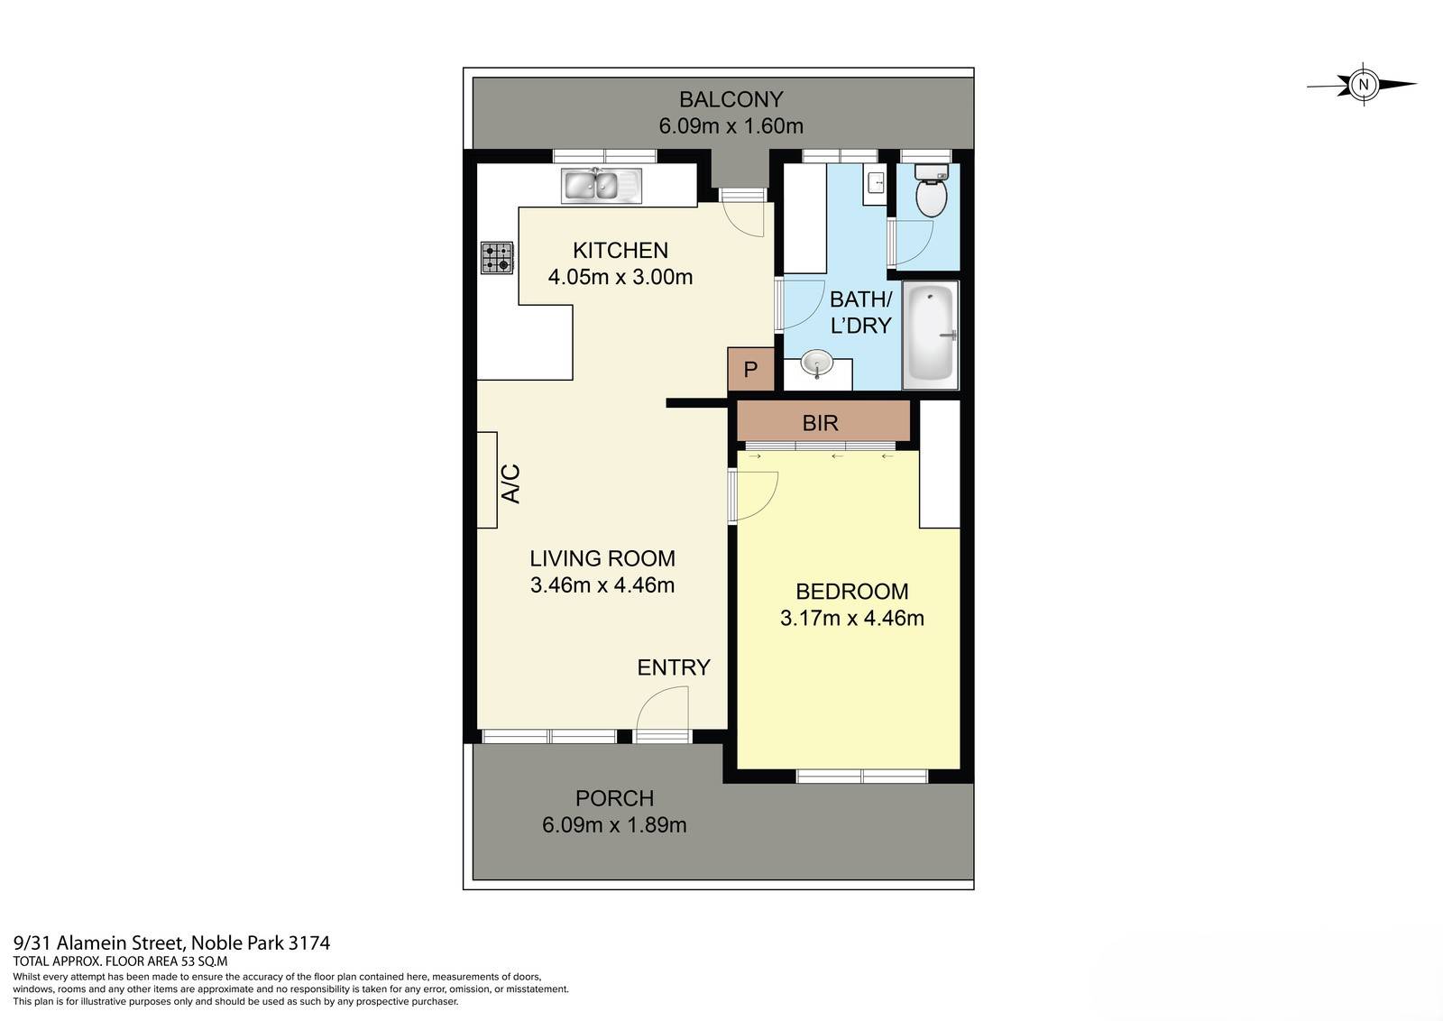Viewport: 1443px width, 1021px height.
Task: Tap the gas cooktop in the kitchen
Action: click(x=497, y=258)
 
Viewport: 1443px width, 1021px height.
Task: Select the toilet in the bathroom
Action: click(x=931, y=192)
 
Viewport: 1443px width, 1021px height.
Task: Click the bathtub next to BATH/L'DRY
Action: click(x=931, y=335)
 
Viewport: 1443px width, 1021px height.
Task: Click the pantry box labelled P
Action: click(x=750, y=370)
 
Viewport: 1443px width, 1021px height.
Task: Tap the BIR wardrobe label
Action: click(x=820, y=422)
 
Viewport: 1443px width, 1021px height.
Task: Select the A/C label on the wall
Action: click(x=510, y=483)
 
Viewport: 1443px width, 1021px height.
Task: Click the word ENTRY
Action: click(x=674, y=667)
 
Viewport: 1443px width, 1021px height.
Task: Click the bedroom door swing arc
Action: click(x=756, y=496)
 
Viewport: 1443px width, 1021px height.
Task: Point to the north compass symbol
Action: click(x=1363, y=85)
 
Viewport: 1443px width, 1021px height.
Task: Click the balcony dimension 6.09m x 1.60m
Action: click(x=731, y=125)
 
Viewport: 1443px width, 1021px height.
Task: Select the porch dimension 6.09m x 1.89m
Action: click(x=614, y=824)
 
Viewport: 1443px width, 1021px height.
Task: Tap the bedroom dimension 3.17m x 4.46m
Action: click(x=851, y=618)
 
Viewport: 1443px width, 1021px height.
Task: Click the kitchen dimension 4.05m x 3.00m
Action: click(x=620, y=277)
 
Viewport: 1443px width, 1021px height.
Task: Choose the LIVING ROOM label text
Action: click(x=602, y=558)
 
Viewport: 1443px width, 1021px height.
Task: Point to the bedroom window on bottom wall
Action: click(x=862, y=776)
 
